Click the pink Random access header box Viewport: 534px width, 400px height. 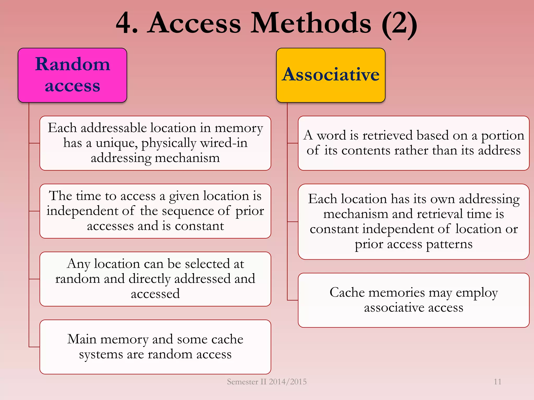(x=72, y=75)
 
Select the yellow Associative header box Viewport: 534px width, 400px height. (x=331, y=75)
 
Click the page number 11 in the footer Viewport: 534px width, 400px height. (x=497, y=382)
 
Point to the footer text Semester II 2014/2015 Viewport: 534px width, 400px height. (x=267, y=382)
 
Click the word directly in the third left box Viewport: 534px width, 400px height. (x=149, y=279)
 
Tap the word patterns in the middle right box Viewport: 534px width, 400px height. (x=449, y=245)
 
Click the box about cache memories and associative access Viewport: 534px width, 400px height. (x=414, y=300)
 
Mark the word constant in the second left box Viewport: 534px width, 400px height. (x=199, y=226)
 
